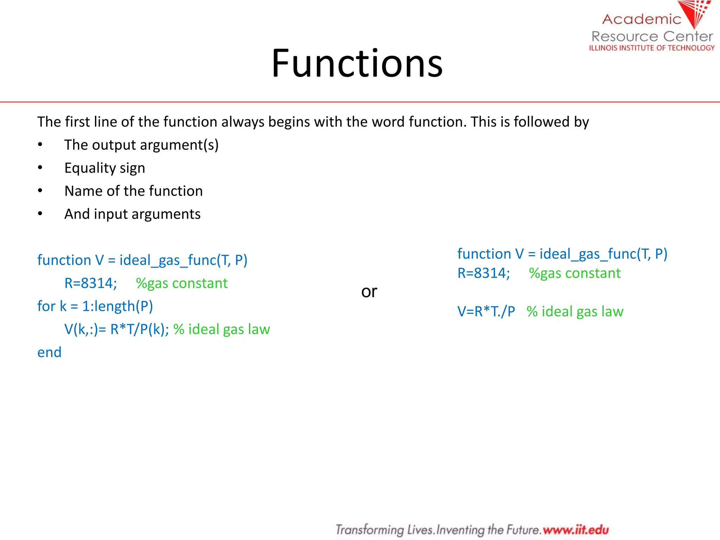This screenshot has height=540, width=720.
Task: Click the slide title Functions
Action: (357, 63)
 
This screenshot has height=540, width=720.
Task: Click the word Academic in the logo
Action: (642, 19)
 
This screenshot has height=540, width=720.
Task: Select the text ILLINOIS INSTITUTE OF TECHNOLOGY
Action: (652, 48)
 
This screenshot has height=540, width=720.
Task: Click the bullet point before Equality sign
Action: (40, 168)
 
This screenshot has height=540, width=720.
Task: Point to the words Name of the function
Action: (134, 191)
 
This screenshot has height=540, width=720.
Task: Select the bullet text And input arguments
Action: (132, 214)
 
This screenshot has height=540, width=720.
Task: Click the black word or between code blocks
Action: (369, 291)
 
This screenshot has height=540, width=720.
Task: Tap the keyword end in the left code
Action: (49, 352)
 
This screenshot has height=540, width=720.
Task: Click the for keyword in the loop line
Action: (46, 306)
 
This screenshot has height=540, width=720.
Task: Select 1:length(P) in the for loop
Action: (117, 306)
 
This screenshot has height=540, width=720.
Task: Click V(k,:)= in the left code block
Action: (85, 329)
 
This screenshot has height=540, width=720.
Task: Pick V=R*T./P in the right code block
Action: (486, 311)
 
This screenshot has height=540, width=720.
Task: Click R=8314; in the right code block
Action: (483, 273)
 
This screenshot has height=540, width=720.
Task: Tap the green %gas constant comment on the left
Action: (182, 283)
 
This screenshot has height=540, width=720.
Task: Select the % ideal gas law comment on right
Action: (575, 311)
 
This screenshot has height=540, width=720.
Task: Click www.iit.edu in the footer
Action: (576, 529)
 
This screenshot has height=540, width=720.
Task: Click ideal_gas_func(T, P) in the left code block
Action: (183, 260)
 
